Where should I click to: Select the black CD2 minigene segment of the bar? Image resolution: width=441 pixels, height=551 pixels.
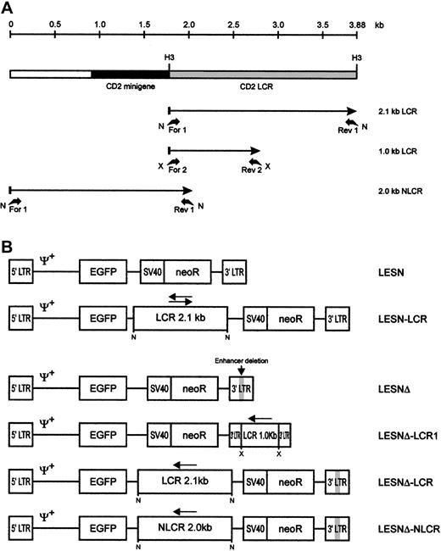click(x=130, y=74)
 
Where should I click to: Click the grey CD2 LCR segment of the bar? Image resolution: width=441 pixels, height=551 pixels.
click(x=263, y=74)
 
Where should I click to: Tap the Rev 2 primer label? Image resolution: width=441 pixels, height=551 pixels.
click(x=251, y=169)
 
